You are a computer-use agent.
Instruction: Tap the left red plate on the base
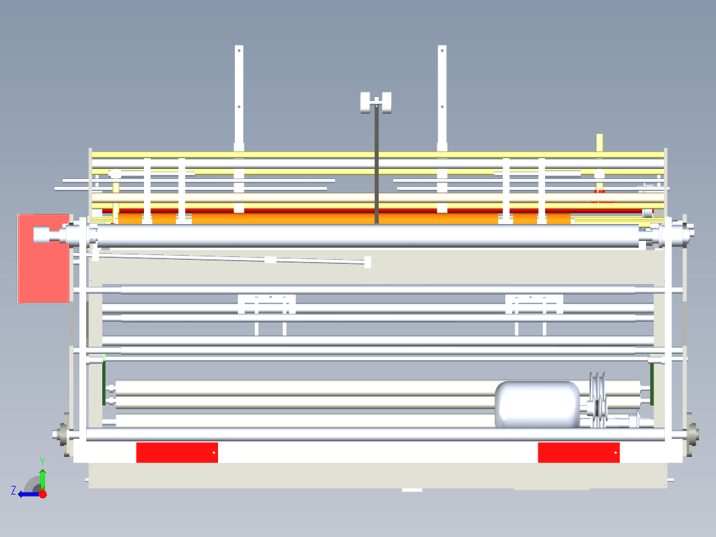[177, 452]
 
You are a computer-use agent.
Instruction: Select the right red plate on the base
[579, 452]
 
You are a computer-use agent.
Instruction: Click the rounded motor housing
[538, 404]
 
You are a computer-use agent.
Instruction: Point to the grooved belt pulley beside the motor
[598, 400]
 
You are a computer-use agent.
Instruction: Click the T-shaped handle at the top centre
[375, 103]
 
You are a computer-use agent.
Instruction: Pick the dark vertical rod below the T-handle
[377, 164]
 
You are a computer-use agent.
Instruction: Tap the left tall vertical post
[239, 129]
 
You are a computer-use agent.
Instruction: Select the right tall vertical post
[442, 129]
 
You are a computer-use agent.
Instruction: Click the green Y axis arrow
[42, 479]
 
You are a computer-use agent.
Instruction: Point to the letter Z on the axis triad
[13, 491]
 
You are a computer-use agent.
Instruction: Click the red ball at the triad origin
[42, 494]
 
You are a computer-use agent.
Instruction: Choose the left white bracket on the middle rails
[266, 304]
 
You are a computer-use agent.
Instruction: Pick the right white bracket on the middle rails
[534, 304]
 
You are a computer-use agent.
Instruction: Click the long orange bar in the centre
[345, 218]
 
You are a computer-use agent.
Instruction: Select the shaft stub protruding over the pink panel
[50, 235]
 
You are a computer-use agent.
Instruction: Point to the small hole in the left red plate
[214, 453]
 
